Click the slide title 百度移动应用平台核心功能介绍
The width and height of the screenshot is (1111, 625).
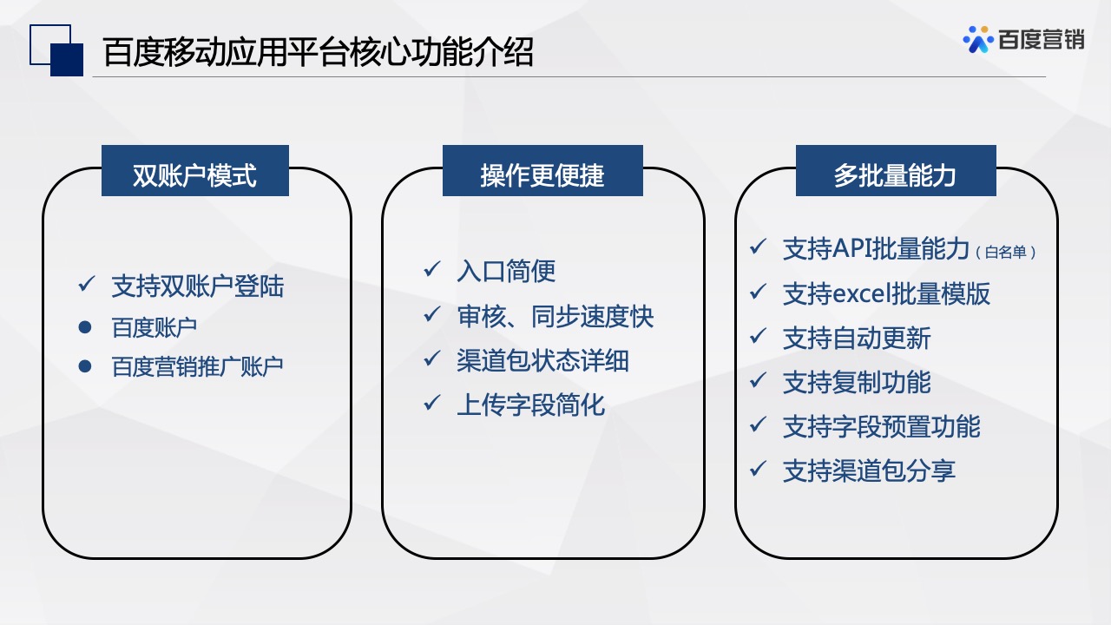(318, 53)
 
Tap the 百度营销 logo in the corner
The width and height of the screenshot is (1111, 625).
(1024, 39)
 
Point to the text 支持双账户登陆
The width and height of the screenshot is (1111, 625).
(198, 286)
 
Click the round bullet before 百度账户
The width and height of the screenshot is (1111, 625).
(85, 327)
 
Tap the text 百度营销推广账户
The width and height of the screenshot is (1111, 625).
(198, 367)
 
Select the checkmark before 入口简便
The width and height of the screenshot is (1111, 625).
(431, 270)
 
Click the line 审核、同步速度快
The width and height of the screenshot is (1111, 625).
(555, 316)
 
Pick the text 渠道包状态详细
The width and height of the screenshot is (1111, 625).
(542, 360)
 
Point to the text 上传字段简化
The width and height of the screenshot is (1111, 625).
(530, 405)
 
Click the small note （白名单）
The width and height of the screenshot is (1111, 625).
(1006, 253)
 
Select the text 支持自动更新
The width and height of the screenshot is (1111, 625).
(857, 338)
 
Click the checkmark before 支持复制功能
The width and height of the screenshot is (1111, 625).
(758, 380)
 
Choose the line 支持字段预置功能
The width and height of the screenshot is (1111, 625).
(881, 426)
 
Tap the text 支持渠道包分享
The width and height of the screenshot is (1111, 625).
(869, 471)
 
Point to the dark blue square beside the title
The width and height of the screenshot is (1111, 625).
(67, 60)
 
